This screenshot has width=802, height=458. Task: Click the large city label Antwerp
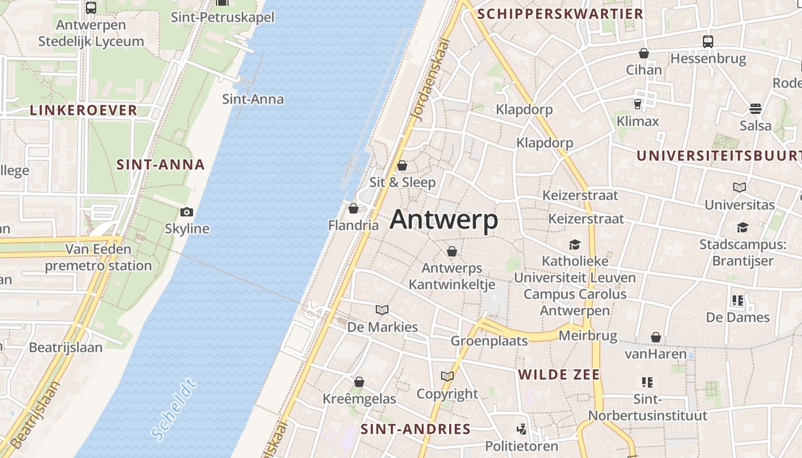[x=444, y=220]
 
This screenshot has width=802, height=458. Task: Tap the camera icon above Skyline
[x=186, y=212]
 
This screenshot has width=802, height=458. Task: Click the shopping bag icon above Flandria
[x=353, y=208]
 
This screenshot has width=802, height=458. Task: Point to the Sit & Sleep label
[x=403, y=182]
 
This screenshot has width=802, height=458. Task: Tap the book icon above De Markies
[x=382, y=310]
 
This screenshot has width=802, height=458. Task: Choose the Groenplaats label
[x=489, y=341]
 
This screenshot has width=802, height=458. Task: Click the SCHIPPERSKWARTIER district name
[x=560, y=14]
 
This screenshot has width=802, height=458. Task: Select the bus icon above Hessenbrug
[x=708, y=41]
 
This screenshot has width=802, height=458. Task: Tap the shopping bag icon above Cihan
[x=644, y=53]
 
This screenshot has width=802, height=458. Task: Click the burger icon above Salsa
[x=756, y=109]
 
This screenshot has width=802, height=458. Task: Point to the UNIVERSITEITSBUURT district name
[x=718, y=156]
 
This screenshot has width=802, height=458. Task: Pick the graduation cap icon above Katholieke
[x=575, y=245]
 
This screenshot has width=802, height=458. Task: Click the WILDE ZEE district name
[x=559, y=375]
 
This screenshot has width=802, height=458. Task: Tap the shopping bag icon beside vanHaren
[x=656, y=338]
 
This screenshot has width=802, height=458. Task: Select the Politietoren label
[x=521, y=446]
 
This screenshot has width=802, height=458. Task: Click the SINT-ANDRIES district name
[x=415, y=429]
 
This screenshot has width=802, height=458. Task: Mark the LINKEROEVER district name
[x=84, y=110]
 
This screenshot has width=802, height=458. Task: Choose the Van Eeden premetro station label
[x=98, y=258]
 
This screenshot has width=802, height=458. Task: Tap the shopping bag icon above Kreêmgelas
[x=359, y=382]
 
